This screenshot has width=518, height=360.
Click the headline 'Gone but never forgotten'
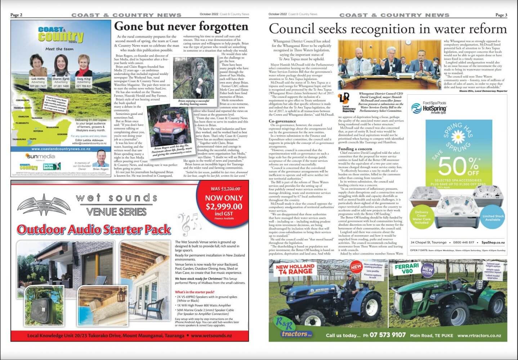pos(181,27)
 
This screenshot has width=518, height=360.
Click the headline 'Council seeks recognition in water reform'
pos(388,29)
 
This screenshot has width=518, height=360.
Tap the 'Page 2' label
pos(17,15)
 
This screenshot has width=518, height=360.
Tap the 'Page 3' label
pos(501,15)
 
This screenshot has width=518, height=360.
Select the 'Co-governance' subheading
pos(283,121)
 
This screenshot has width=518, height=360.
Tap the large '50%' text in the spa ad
pos(458,166)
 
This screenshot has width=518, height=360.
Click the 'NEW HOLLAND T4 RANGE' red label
pos(295,269)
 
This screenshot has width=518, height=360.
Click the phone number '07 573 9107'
pos(387,335)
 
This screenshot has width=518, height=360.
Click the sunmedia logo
pos(40,156)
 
